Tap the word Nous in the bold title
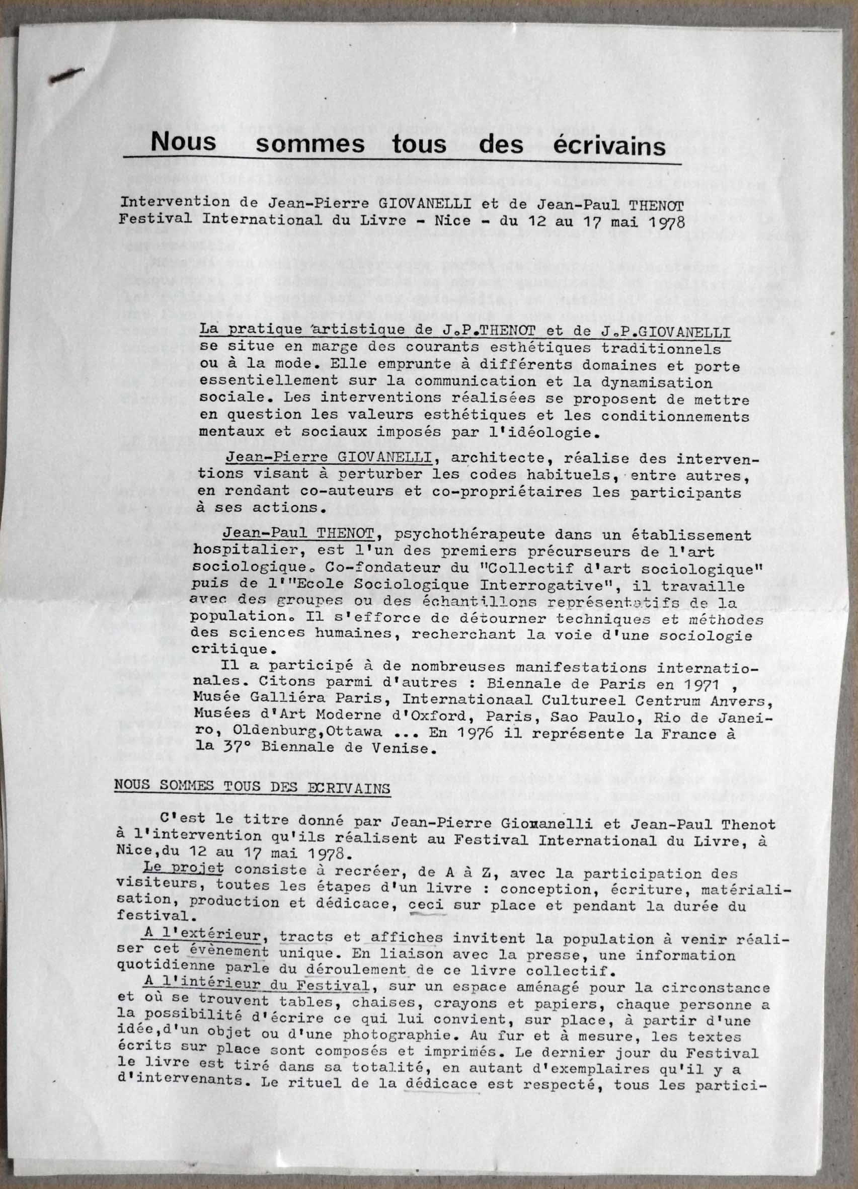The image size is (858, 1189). pos(183,141)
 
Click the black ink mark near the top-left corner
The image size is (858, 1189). pos(66,76)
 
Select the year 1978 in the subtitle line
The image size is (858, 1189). pos(667,221)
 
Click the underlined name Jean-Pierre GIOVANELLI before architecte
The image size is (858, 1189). pos(329,458)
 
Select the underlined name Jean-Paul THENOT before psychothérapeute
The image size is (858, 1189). pos(298,534)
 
